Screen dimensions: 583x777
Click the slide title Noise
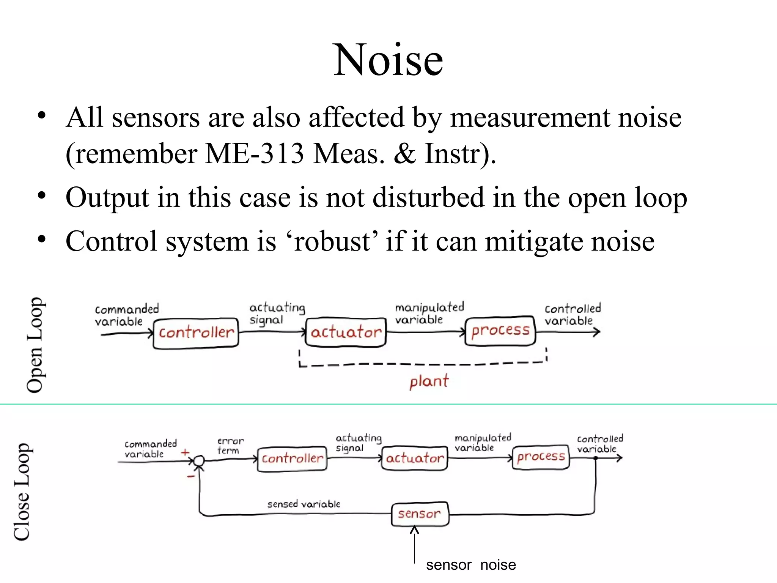click(388, 60)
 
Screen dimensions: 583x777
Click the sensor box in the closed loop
click(420, 514)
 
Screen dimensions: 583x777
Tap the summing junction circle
click(199, 461)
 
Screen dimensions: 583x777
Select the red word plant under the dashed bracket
click(429, 381)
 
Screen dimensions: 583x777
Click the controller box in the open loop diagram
click(196, 333)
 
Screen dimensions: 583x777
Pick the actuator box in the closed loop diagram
click(414, 458)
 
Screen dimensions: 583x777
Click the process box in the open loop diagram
click(500, 331)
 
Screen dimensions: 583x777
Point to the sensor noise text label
click(471, 565)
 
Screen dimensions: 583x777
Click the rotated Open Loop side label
click(35, 345)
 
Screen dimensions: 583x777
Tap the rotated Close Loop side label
click(22, 492)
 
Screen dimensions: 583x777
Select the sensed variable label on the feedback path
click(304, 504)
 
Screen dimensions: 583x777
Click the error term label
click(230, 446)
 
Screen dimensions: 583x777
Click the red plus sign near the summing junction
click(185, 452)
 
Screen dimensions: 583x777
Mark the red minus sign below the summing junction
click(191, 476)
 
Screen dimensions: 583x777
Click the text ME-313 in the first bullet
click(255, 154)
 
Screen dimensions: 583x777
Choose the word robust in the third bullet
click(332, 241)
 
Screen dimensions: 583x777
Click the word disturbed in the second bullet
click(428, 197)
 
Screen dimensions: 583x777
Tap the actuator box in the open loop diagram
click(346, 332)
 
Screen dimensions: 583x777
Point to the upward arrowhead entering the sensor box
click(414, 530)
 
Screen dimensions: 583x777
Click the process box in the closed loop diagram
click(541, 457)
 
